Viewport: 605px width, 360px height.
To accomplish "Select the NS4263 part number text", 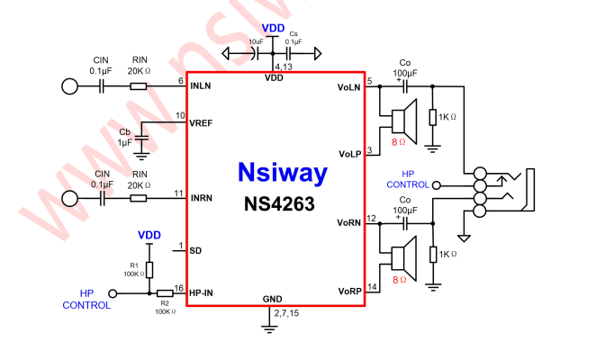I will (x=279, y=204).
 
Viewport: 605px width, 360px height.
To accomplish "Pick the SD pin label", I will (x=195, y=251).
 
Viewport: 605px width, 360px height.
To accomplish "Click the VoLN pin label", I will (x=348, y=87).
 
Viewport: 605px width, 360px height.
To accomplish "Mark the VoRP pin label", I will (x=348, y=292).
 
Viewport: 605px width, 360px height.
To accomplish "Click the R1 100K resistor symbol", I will (x=150, y=269).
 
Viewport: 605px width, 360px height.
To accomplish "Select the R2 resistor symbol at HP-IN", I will (x=165, y=293).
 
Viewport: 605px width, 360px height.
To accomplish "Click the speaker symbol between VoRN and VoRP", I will (x=402, y=256).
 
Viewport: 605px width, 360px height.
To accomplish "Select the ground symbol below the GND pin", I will (x=268, y=328).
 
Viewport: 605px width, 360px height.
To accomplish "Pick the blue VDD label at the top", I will (x=274, y=29).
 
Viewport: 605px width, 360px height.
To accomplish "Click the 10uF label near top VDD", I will (x=256, y=41).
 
